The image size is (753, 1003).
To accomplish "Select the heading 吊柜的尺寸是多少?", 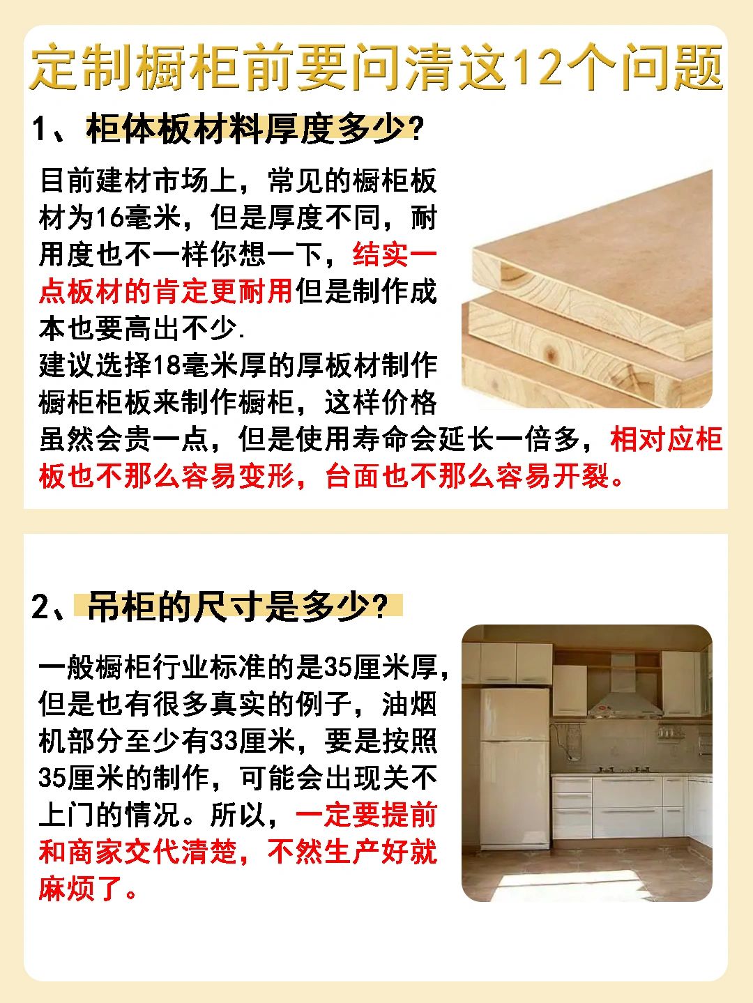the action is [x=236, y=606].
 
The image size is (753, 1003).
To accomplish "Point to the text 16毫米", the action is [x=139, y=218].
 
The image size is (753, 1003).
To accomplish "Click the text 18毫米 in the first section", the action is [x=196, y=365].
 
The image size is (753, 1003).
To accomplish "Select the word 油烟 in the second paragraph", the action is [x=410, y=704].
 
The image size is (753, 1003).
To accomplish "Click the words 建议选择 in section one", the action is [x=96, y=365].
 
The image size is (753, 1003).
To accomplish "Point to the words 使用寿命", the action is [x=352, y=439].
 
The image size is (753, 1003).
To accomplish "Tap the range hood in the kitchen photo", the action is [x=625, y=698].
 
